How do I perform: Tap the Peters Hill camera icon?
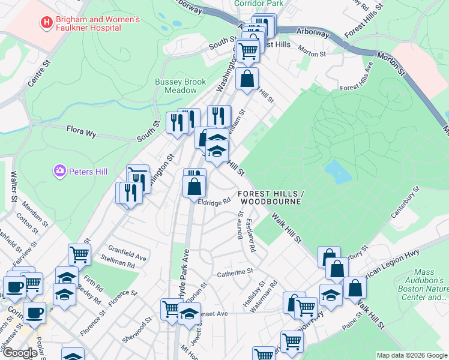tap(59, 172)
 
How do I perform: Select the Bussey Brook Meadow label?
tap(180, 86)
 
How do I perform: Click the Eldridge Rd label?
tap(215, 202)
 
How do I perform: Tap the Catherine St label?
tap(235, 272)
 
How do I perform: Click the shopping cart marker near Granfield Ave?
tap(79, 254)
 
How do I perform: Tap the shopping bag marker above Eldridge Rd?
tap(194, 187)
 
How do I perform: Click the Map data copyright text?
tap(411, 355)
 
